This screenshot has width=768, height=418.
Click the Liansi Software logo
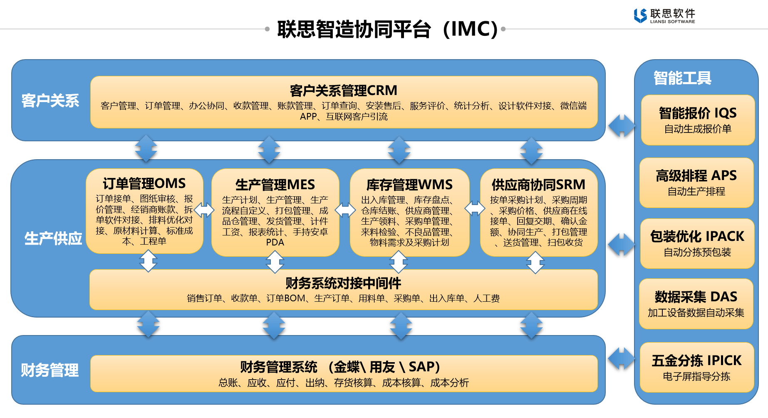(664, 15)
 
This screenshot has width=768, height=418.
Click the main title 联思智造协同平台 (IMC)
(387, 29)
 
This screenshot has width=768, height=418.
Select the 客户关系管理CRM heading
(343, 90)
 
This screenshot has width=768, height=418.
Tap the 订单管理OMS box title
(144, 183)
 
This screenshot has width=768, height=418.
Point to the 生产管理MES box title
(275, 185)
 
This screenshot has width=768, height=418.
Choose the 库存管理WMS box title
(409, 185)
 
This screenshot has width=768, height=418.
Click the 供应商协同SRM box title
(538, 185)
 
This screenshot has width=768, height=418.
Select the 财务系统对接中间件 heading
(343, 283)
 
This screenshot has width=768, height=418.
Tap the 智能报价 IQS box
(698, 120)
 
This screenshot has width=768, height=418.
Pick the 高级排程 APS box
(696, 183)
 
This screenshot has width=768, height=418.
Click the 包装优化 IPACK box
(697, 243)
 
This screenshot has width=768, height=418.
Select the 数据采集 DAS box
(696, 304)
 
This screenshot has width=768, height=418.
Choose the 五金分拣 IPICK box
(697, 368)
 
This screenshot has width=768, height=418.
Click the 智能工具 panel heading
(682, 78)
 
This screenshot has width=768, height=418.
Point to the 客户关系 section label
(50, 100)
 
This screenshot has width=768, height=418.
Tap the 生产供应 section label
(53, 238)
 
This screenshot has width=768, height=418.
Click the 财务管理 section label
(50, 370)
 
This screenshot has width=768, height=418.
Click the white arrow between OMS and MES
(204, 210)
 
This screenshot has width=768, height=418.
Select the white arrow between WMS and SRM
(475, 208)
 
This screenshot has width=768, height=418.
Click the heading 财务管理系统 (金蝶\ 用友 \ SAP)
(340, 367)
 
